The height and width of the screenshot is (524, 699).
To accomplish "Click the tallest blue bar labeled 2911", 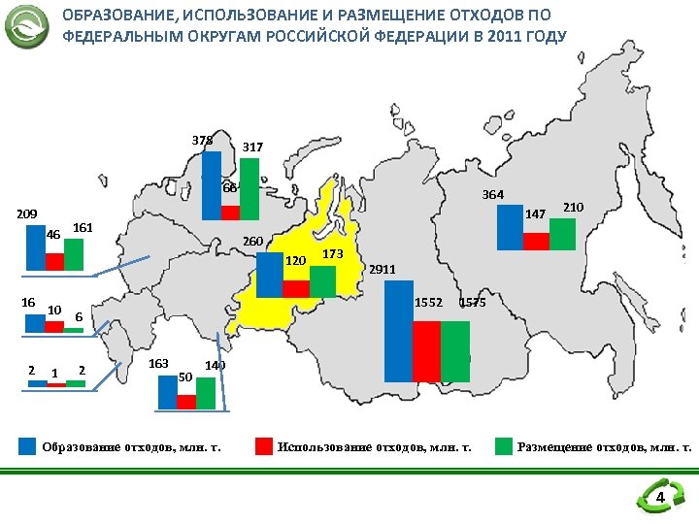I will coord(398,331).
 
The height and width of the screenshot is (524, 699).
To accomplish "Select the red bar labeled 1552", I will coord(426,351).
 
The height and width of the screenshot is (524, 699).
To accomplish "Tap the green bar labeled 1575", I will coord(454,351).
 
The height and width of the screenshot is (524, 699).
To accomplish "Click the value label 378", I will coord(203,141).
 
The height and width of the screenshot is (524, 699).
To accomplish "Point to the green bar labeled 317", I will coord(250,189).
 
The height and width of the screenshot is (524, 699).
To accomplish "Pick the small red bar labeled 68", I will coord(230,213).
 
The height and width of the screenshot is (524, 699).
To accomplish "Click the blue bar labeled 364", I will coord(509,227).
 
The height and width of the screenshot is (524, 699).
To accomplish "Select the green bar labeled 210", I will coord(562,234).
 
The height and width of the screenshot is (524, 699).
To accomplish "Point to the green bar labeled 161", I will coord(74,254).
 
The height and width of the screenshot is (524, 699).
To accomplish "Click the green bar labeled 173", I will coord(322,281).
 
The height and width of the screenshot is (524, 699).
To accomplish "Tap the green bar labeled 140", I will coord(205,393).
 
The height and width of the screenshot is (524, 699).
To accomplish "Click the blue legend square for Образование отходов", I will coord(28,446).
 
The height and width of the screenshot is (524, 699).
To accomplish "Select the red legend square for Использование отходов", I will coord(263,446).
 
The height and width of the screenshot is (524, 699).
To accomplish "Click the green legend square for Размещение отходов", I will coord(503,446).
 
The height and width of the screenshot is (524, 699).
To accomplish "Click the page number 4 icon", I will coord(659,499).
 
